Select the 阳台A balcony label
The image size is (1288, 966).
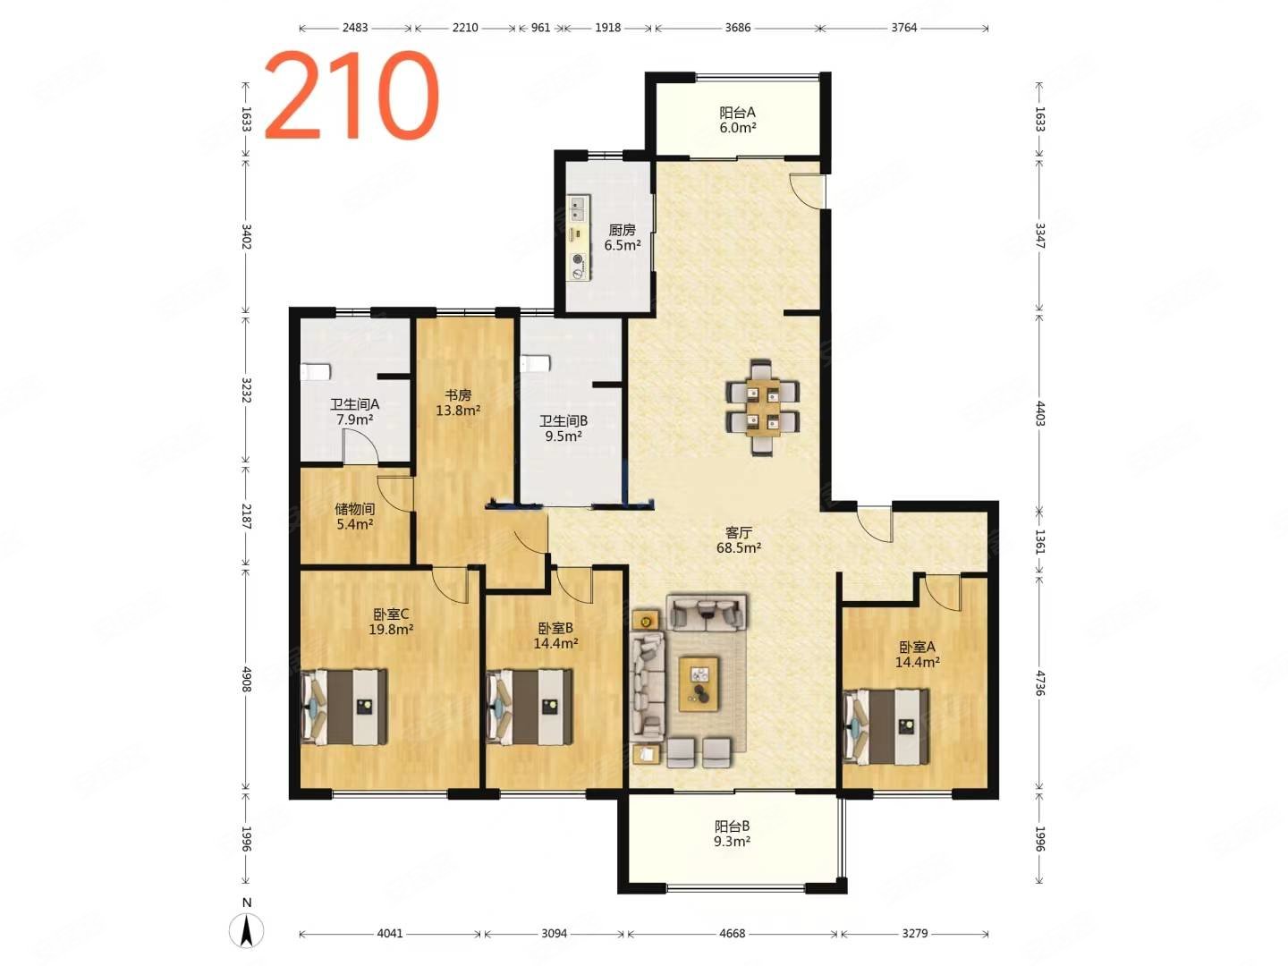736,112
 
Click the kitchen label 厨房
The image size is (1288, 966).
622,230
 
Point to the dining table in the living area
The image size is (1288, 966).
762,407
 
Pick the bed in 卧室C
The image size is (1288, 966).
343,707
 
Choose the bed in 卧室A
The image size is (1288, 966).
885,726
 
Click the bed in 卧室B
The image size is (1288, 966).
529,707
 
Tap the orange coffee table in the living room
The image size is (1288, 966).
699,684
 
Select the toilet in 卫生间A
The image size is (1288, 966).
315,372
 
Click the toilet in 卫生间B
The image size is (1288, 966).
535,363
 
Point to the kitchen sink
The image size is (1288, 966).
579,208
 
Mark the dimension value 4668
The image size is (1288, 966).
732,934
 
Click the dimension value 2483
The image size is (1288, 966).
355,28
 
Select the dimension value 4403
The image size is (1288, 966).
1039,413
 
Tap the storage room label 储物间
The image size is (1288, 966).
354,509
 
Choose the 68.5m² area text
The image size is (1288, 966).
738,548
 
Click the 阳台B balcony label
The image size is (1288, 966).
732,826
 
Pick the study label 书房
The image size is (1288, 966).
458,395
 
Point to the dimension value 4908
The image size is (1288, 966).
247,679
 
